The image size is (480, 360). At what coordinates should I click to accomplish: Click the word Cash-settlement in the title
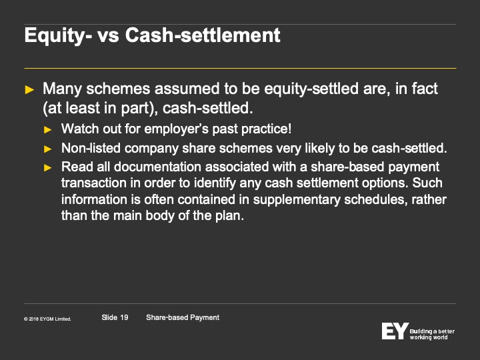[x=203, y=35]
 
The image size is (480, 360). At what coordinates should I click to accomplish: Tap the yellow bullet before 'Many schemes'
[x=29, y=90]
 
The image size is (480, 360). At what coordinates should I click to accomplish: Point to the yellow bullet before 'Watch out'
[x=48, y=130]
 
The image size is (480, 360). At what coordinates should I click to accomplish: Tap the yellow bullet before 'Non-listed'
[x=48, y=149]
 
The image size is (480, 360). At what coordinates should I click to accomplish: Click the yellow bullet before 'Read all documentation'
[x=48, y=168]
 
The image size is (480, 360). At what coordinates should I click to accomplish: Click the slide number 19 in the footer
[x=124, y=317]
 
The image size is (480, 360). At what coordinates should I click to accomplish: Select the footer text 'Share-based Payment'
[x=183, y=318]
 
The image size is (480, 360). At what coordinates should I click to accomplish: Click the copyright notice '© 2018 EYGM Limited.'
[x=47, y=319]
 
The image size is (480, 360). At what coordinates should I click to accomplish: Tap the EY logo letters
[x=395, y=331]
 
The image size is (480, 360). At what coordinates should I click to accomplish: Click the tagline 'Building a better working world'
[x=432, y=334]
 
